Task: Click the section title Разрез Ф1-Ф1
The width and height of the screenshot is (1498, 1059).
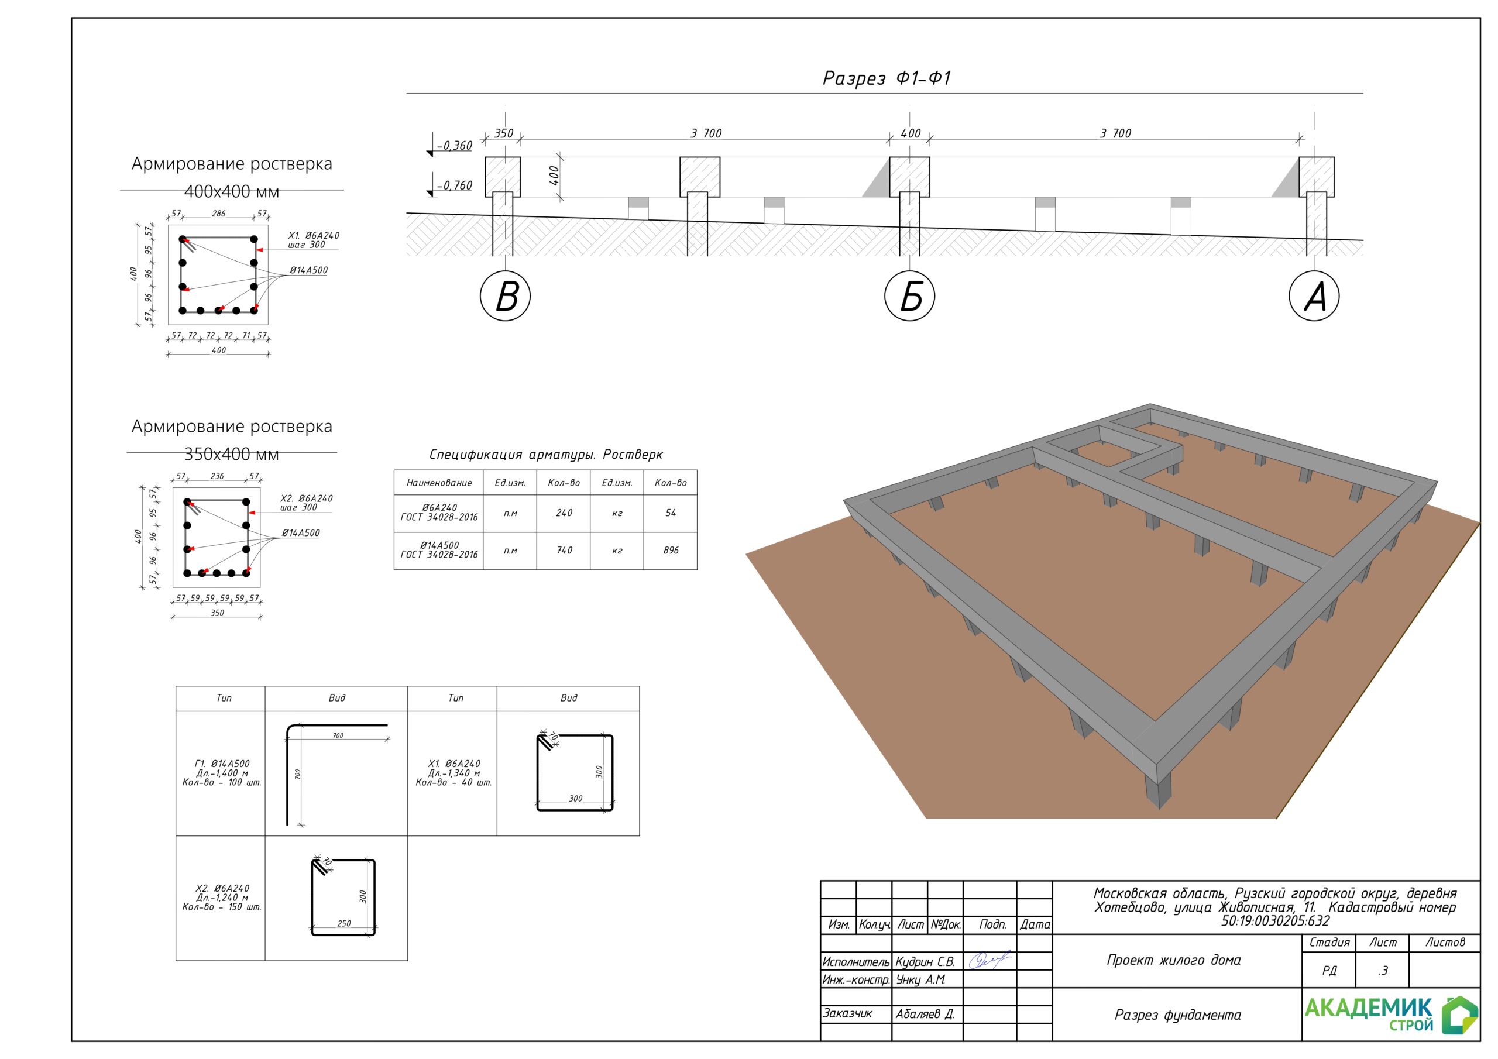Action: pos(887,78)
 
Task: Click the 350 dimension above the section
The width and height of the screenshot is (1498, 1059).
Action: pos(504,133)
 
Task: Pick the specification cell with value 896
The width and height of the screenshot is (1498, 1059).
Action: pos(671,551)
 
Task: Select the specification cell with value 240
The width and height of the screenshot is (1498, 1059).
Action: pos(564,514)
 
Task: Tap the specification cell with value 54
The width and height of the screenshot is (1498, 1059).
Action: pos(671,514)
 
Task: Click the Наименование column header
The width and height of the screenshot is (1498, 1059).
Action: pos(439,483)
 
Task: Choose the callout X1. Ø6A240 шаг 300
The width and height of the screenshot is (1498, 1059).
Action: pos(314,240)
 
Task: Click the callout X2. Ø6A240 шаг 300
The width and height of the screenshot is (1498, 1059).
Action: pos(307,503)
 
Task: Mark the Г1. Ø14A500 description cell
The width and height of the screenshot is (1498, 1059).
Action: pos(221,773)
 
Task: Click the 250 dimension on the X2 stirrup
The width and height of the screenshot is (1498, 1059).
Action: pos(344,923)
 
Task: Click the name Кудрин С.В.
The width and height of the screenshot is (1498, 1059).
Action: pos(925,962)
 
